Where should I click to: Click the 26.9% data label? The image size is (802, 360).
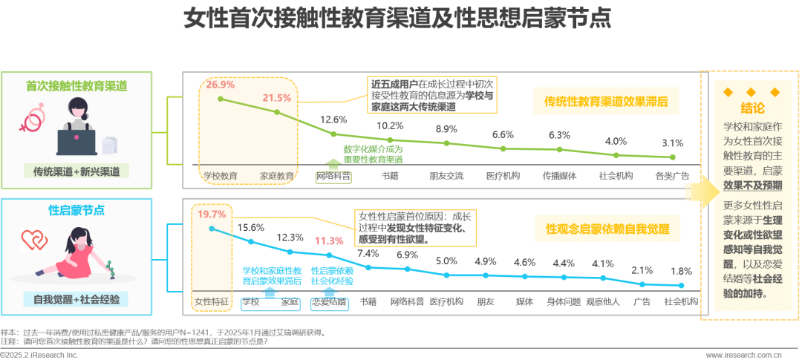coord(221,85)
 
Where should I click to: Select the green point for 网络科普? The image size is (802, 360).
coord(333,134)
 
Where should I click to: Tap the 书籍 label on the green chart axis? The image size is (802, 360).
coord(391,176)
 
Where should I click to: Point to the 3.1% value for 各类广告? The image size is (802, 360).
coord(673,143)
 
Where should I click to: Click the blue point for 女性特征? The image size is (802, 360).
coord(212,229)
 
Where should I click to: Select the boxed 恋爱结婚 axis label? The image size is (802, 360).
coord(330,301)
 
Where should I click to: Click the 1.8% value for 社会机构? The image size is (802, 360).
coord(681,271)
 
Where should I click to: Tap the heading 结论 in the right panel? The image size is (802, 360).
coord(752,108)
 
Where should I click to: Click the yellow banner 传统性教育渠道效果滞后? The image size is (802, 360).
coord(606,102)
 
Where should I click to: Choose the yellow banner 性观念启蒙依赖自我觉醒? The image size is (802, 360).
coord(607,229)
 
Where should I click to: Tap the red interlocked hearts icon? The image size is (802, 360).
coord(34,240)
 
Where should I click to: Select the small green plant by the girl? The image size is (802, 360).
coord(108,269)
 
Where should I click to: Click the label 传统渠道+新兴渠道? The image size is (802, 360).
coord(76,171)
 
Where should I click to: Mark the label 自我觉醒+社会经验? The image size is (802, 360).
coord(76,300)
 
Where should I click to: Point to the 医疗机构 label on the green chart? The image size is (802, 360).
coord(503,176)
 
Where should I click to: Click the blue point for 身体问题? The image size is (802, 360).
coord(564,277)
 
